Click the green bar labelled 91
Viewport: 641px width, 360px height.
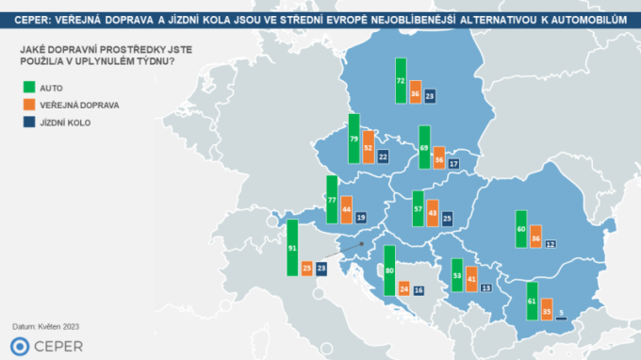pyautogui.click(x=292, y=248)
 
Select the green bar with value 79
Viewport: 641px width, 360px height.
pyautogui.click(x=354, y=139)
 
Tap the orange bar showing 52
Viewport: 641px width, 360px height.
pyautogui.click(x=369, y=147)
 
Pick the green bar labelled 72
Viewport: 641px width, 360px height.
pyautogui.click(x=401, y=80)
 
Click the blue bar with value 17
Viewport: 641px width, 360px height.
pyautogui.click(x=453, y=164)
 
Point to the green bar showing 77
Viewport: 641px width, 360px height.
pyautogui.click(x=332, y=200)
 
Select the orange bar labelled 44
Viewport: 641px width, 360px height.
pyautogui.click(x=346, y=208)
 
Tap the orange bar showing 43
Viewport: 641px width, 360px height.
pyautogui.click(x=432, y=213)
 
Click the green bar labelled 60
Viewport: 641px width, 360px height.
pyautogui.click(x=520, y=227)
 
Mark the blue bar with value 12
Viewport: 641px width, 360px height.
pyautogui.click(x=549, y=244)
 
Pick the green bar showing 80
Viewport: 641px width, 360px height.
pyautogui.click(x=389, y=271)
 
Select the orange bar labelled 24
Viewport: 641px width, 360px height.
pyautogui.click(x=403, y=288)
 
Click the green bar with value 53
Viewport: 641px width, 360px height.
pyautogui.click(x=457, y=275)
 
